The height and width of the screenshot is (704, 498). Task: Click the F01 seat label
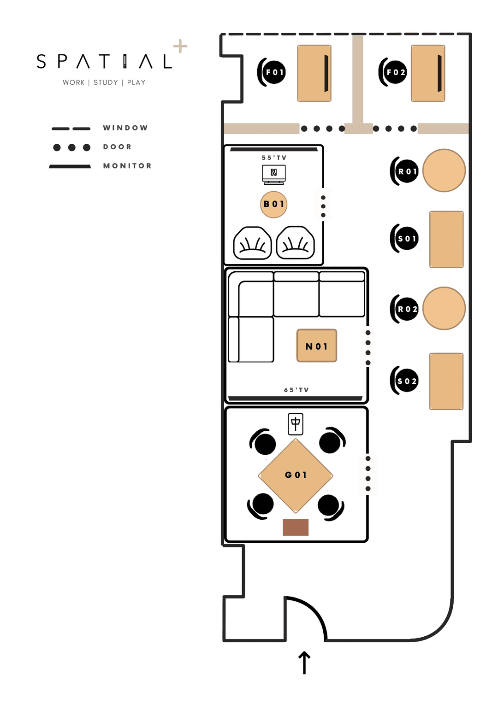point(274,72)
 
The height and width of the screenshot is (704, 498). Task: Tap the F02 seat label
point(396,72)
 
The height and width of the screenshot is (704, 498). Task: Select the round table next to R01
point(444,170)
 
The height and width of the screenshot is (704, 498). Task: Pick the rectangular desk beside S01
point(446,240)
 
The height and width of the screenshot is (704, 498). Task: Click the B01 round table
point(274,204)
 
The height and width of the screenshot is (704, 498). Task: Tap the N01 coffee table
point(317,346)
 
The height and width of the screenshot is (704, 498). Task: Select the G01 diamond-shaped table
point(296,475)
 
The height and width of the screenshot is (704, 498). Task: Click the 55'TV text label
point(274,158)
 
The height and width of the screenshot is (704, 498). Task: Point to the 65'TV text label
point(296,390)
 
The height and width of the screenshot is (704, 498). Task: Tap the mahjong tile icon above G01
point(296,424)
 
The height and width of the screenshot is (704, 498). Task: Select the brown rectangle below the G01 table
point(296,527)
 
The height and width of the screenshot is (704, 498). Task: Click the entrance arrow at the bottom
point(304,663)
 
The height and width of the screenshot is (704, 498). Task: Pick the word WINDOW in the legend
point(125,128)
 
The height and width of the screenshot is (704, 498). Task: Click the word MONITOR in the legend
point(128,166)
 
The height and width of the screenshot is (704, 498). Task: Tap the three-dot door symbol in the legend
point(71,147)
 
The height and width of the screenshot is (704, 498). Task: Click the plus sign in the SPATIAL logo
point(180,46)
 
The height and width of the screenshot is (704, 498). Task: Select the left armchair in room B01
point(252,243)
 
